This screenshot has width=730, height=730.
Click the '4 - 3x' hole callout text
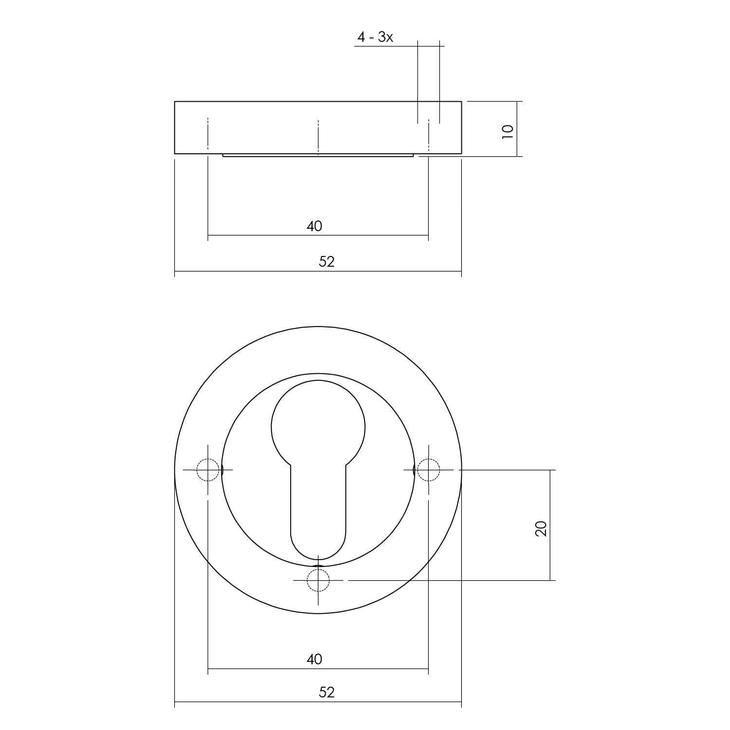point(375,37)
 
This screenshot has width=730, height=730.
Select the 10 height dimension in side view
point(508,131)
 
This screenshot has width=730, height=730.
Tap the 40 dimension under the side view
point(314,226)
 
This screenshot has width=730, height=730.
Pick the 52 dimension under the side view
point(327,262)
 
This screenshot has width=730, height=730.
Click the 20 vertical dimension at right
point(541,528)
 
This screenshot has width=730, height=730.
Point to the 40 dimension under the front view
point(314,659)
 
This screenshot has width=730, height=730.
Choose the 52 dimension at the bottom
point(327,692)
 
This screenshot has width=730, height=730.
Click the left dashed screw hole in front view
point(208,470)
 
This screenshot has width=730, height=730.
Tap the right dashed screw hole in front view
point(428,470)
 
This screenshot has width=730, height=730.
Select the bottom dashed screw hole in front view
point(318,580)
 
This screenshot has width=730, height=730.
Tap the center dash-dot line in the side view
point(318,136)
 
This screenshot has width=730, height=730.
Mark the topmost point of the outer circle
point(318,327)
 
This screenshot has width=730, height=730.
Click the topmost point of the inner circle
point(318,373)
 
